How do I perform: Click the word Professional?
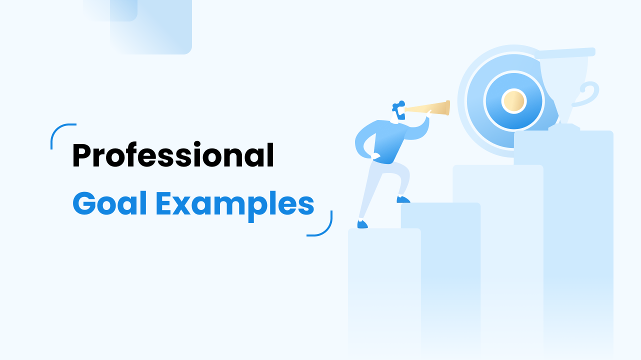point(173,155)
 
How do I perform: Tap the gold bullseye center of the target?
point(513,101)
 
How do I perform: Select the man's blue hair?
point(398,105)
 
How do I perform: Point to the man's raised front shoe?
point(403,199)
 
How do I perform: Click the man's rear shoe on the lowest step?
point(362,224)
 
